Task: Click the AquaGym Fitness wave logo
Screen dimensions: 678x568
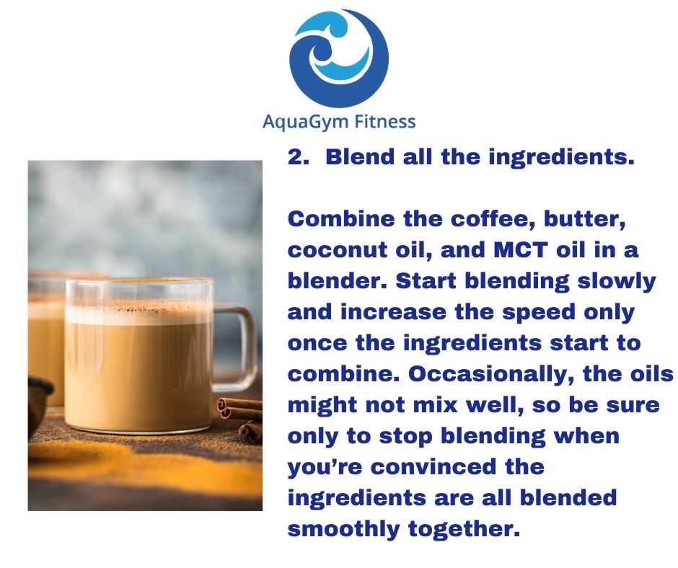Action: click(339, 58)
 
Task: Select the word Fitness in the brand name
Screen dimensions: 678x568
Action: click(385, 121)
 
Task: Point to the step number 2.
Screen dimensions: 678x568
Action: click(298, 156)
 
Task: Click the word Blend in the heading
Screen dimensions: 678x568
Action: click(360, 156)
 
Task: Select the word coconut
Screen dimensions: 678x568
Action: click(338, 250)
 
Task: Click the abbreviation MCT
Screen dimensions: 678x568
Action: click(521, 250)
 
